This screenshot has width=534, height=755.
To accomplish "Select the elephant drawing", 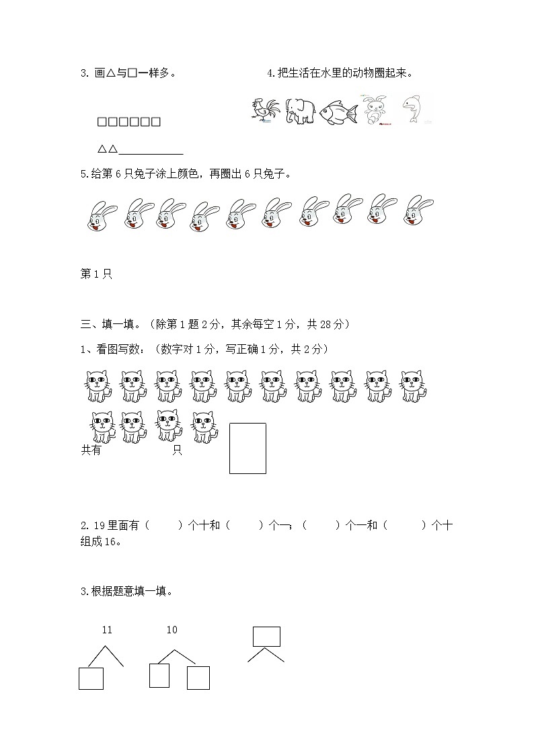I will [x=299, y=111].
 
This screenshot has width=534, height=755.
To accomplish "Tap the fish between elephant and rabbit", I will [x=338, y=112].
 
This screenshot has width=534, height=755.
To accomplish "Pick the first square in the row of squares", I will [x=102, y=122].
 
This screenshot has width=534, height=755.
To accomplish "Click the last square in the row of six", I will [x=155, y=122].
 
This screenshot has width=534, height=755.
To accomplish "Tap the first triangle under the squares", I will [x=102, y=149].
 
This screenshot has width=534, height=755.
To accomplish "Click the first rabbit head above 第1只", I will [x=101, y=215].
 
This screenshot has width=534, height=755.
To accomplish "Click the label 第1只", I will [x=96, y=274].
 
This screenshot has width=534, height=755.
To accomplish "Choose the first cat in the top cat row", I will [x=98, y=387].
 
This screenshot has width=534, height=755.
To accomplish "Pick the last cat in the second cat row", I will [x=205, y=427].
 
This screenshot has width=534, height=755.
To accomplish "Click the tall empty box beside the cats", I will [x=247, y=448].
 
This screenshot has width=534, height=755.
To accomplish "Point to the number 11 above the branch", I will [x=107, y=630].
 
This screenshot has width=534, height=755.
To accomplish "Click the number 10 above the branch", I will [x=171, y=630].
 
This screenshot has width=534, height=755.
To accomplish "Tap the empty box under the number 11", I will [x=91, y=678].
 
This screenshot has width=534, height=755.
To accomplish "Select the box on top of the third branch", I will [x=266, y=636].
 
